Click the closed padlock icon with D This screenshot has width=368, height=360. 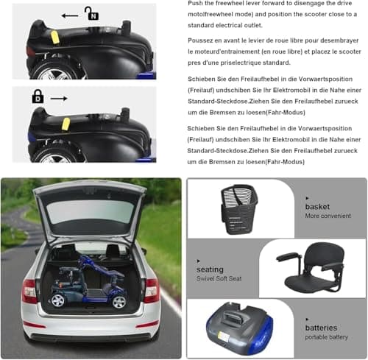click(x=38, y=96)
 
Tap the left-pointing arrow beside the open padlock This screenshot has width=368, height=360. click(x=70, y=15)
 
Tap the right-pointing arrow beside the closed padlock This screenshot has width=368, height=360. click(x=60, y=97)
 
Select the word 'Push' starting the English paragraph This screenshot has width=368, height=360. click(x=195, y=3)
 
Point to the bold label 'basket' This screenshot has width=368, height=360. click(x=317, y=207)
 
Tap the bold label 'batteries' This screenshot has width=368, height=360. click(x=322, y=328)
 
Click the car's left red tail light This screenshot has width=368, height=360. click(x=30, y=290)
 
